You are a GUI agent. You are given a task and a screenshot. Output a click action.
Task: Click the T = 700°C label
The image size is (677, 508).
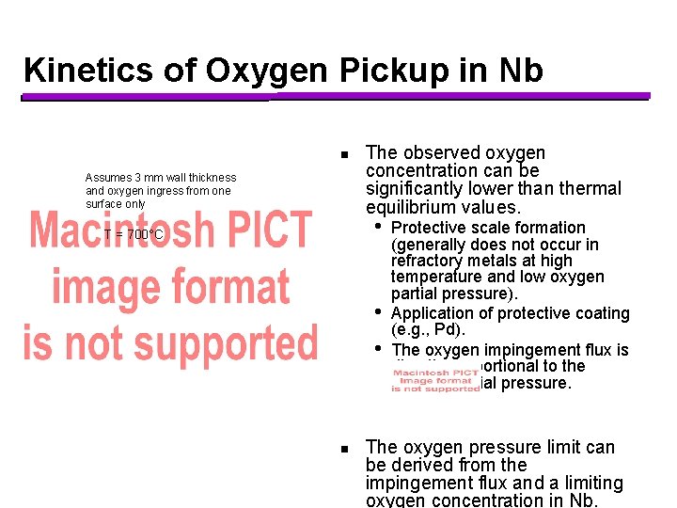point(134,234)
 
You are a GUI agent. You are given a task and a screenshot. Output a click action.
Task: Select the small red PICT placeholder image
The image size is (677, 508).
point(435,378)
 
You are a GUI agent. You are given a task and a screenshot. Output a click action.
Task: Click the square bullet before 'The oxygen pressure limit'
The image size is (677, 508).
point(345,449)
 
